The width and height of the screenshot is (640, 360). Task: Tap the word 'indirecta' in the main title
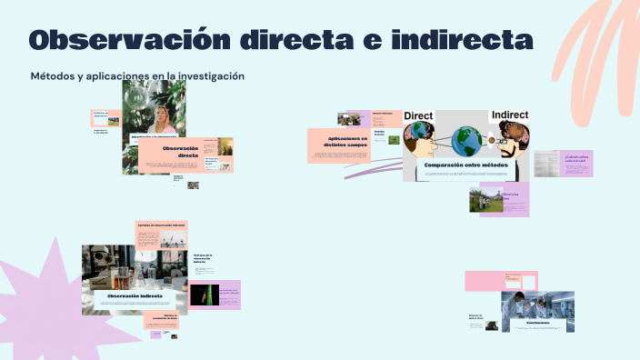[462, 40]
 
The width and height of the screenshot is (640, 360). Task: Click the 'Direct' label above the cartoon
[418, 116]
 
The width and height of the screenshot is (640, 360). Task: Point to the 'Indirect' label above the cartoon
[509, 115]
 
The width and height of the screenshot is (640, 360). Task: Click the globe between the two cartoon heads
[465, 140]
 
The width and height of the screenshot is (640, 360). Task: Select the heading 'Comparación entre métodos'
[465, 165]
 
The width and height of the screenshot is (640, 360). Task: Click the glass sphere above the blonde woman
[138, 96]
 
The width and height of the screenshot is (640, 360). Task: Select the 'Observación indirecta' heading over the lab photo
[135, 296]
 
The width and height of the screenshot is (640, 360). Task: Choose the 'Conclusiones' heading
[537, 322]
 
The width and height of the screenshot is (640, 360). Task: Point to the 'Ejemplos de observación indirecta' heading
[161, 224]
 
